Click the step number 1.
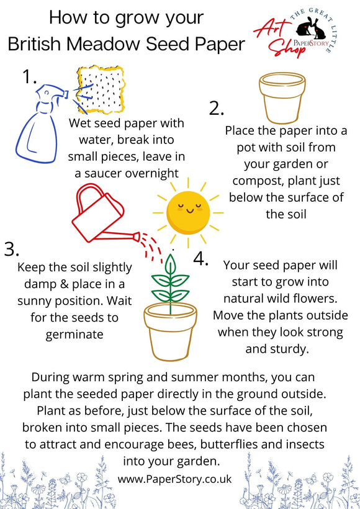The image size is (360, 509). (x=29, y=77)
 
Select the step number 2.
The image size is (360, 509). (x=216, y=109)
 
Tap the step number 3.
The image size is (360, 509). (x=12, y=249)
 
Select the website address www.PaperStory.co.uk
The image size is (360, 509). (x=174, y=479)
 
